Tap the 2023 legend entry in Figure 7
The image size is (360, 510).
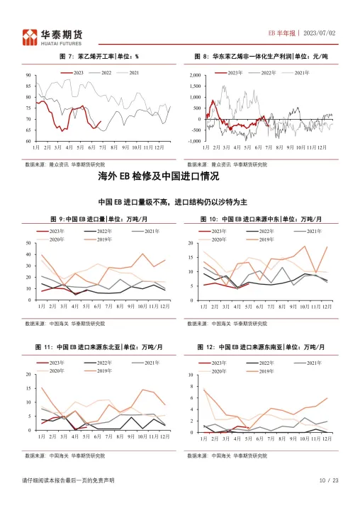point(73,73)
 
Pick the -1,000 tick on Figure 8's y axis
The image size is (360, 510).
point(193,141)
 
